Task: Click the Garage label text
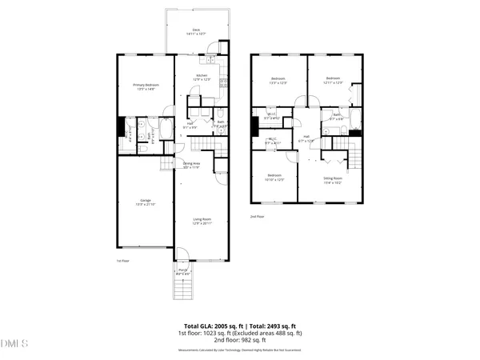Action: [146, 202]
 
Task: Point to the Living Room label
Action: [202, 220]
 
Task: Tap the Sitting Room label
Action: [333, 179]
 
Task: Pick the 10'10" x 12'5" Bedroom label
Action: [274, 177]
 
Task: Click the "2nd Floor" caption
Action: [258, 216]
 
